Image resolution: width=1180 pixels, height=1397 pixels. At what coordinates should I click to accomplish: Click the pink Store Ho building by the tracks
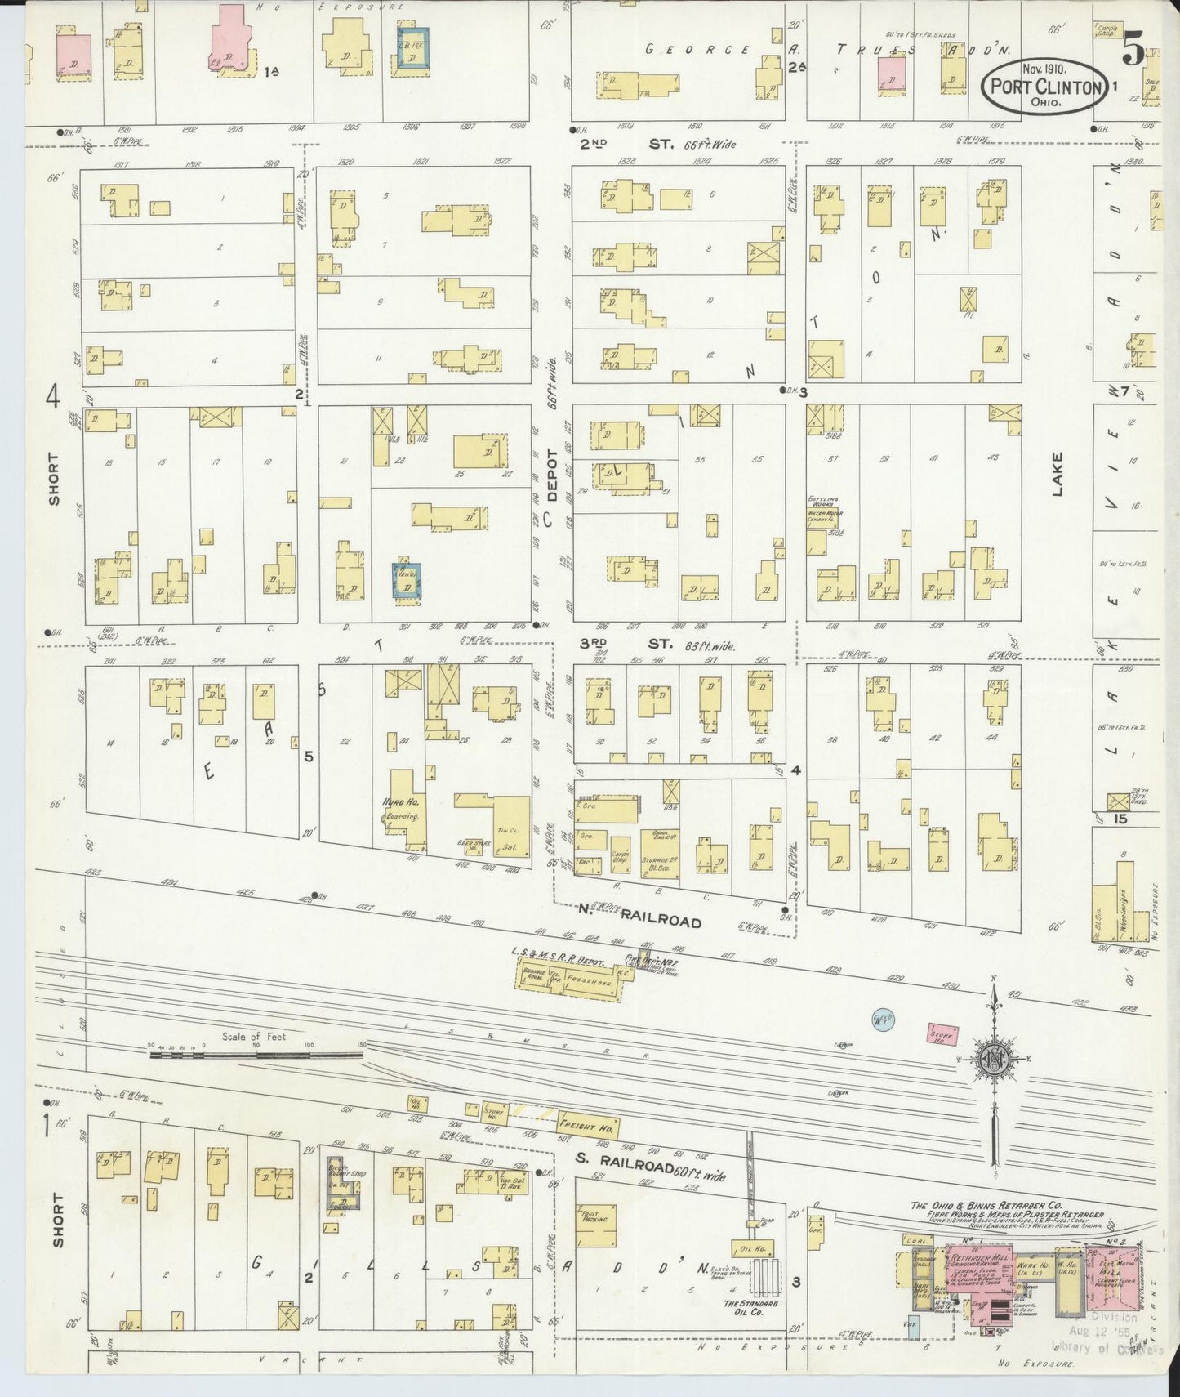pos(942,1033)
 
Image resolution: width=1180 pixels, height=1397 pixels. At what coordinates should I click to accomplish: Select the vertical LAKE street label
pos(1058,475)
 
